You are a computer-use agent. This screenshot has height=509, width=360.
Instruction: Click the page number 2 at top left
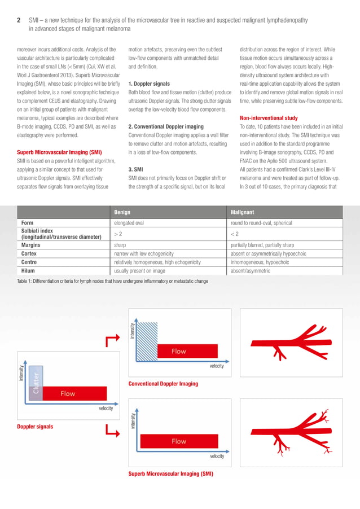19,20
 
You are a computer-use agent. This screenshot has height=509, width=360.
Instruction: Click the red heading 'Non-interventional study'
269,117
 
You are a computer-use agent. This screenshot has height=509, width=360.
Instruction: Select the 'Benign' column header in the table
124,212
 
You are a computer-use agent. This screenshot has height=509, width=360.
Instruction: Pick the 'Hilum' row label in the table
29,270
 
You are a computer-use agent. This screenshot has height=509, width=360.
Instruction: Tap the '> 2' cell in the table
118,234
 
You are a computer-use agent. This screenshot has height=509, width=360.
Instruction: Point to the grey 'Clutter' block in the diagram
36,383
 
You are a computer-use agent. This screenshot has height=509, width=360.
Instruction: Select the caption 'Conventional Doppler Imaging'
164,384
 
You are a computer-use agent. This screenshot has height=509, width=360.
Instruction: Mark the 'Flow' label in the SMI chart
179,442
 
